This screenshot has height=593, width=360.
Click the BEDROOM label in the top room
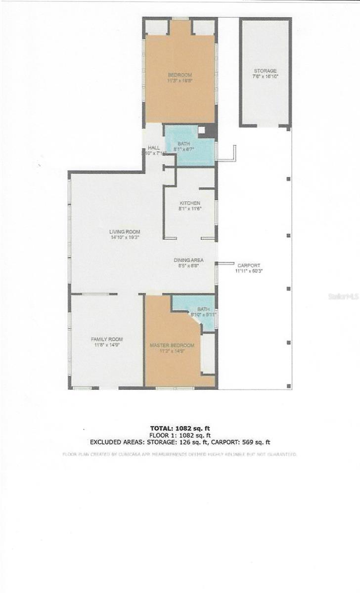(180, 75)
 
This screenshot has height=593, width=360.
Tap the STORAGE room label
(265, 71)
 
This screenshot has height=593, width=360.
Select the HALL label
(153, 148)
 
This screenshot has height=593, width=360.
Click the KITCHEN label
(190, 203)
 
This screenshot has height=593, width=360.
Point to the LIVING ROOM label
(125, 232)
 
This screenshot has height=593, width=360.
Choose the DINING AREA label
(188, 260)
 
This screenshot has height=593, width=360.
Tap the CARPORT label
(248, 265)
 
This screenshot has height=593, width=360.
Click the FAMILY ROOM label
(107, 339)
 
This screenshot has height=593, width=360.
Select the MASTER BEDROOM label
(172, 345)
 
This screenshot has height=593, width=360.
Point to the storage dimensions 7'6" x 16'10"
(265, 77)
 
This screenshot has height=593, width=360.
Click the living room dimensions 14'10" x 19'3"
(125, 238)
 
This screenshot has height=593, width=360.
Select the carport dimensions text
(248, 271)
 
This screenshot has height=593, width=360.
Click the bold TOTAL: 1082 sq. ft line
(180, 428)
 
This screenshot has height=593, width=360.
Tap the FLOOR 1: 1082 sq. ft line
(180, 435)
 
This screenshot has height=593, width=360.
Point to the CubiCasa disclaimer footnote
(180, 454)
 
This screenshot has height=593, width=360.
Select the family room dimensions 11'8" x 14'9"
(107, 345)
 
